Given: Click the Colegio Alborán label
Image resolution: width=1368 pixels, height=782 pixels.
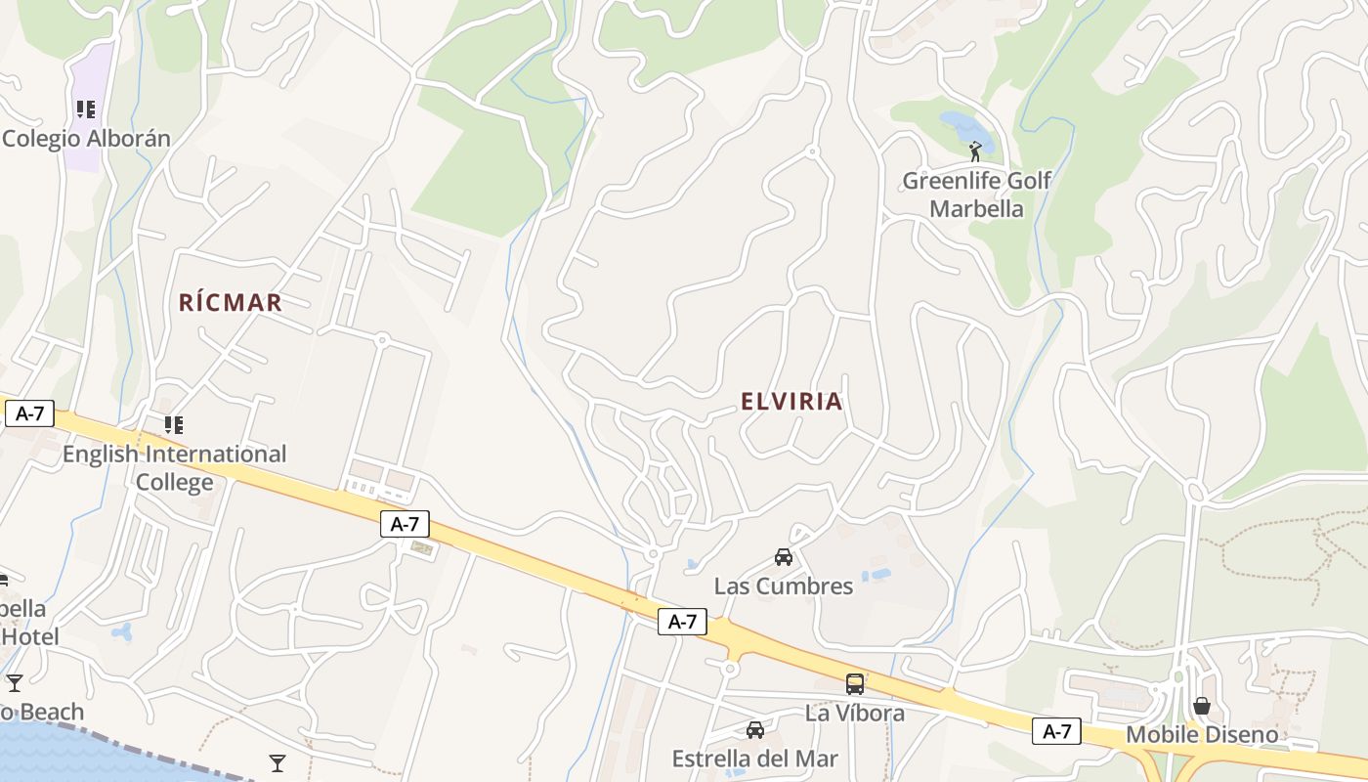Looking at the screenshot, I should pos(86,139).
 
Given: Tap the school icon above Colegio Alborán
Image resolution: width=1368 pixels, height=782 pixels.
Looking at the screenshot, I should pos(86,109).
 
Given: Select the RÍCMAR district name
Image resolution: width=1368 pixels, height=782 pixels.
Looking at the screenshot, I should pos(231,303).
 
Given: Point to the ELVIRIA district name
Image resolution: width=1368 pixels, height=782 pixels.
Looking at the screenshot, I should pos(791,402).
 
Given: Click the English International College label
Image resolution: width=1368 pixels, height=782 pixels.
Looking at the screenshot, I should pos(174,468).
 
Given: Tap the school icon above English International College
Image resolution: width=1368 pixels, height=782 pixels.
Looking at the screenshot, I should pos(173,425).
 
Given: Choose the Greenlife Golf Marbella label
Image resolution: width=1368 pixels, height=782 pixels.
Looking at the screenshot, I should pos(976,195).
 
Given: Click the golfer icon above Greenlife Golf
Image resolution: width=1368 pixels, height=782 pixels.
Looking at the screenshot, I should pos(974,152).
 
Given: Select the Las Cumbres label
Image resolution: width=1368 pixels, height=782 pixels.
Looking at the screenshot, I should pos(784,586).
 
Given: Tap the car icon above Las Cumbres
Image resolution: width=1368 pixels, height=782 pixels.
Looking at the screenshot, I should pos(783,557).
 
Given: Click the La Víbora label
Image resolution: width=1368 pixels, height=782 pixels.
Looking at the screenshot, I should pos(855,714).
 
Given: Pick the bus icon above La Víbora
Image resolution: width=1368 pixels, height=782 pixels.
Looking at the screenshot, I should pos(855,684).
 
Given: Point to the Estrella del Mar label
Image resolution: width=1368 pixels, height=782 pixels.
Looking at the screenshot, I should pos(755,759).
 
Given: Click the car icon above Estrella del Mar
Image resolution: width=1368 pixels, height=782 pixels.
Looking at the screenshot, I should pos(755,730).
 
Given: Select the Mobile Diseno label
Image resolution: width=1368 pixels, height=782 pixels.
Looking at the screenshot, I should pos(1202,735).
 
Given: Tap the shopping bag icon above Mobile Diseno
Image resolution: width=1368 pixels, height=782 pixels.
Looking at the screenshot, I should pos(1202,706).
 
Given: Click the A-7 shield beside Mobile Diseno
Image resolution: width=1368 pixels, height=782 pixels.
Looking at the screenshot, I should pos(1057,731).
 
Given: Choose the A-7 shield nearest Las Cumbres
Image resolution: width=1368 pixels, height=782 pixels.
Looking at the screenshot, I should pos(682,621).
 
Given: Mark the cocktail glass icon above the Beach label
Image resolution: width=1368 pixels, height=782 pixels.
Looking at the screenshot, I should pos(14,682).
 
